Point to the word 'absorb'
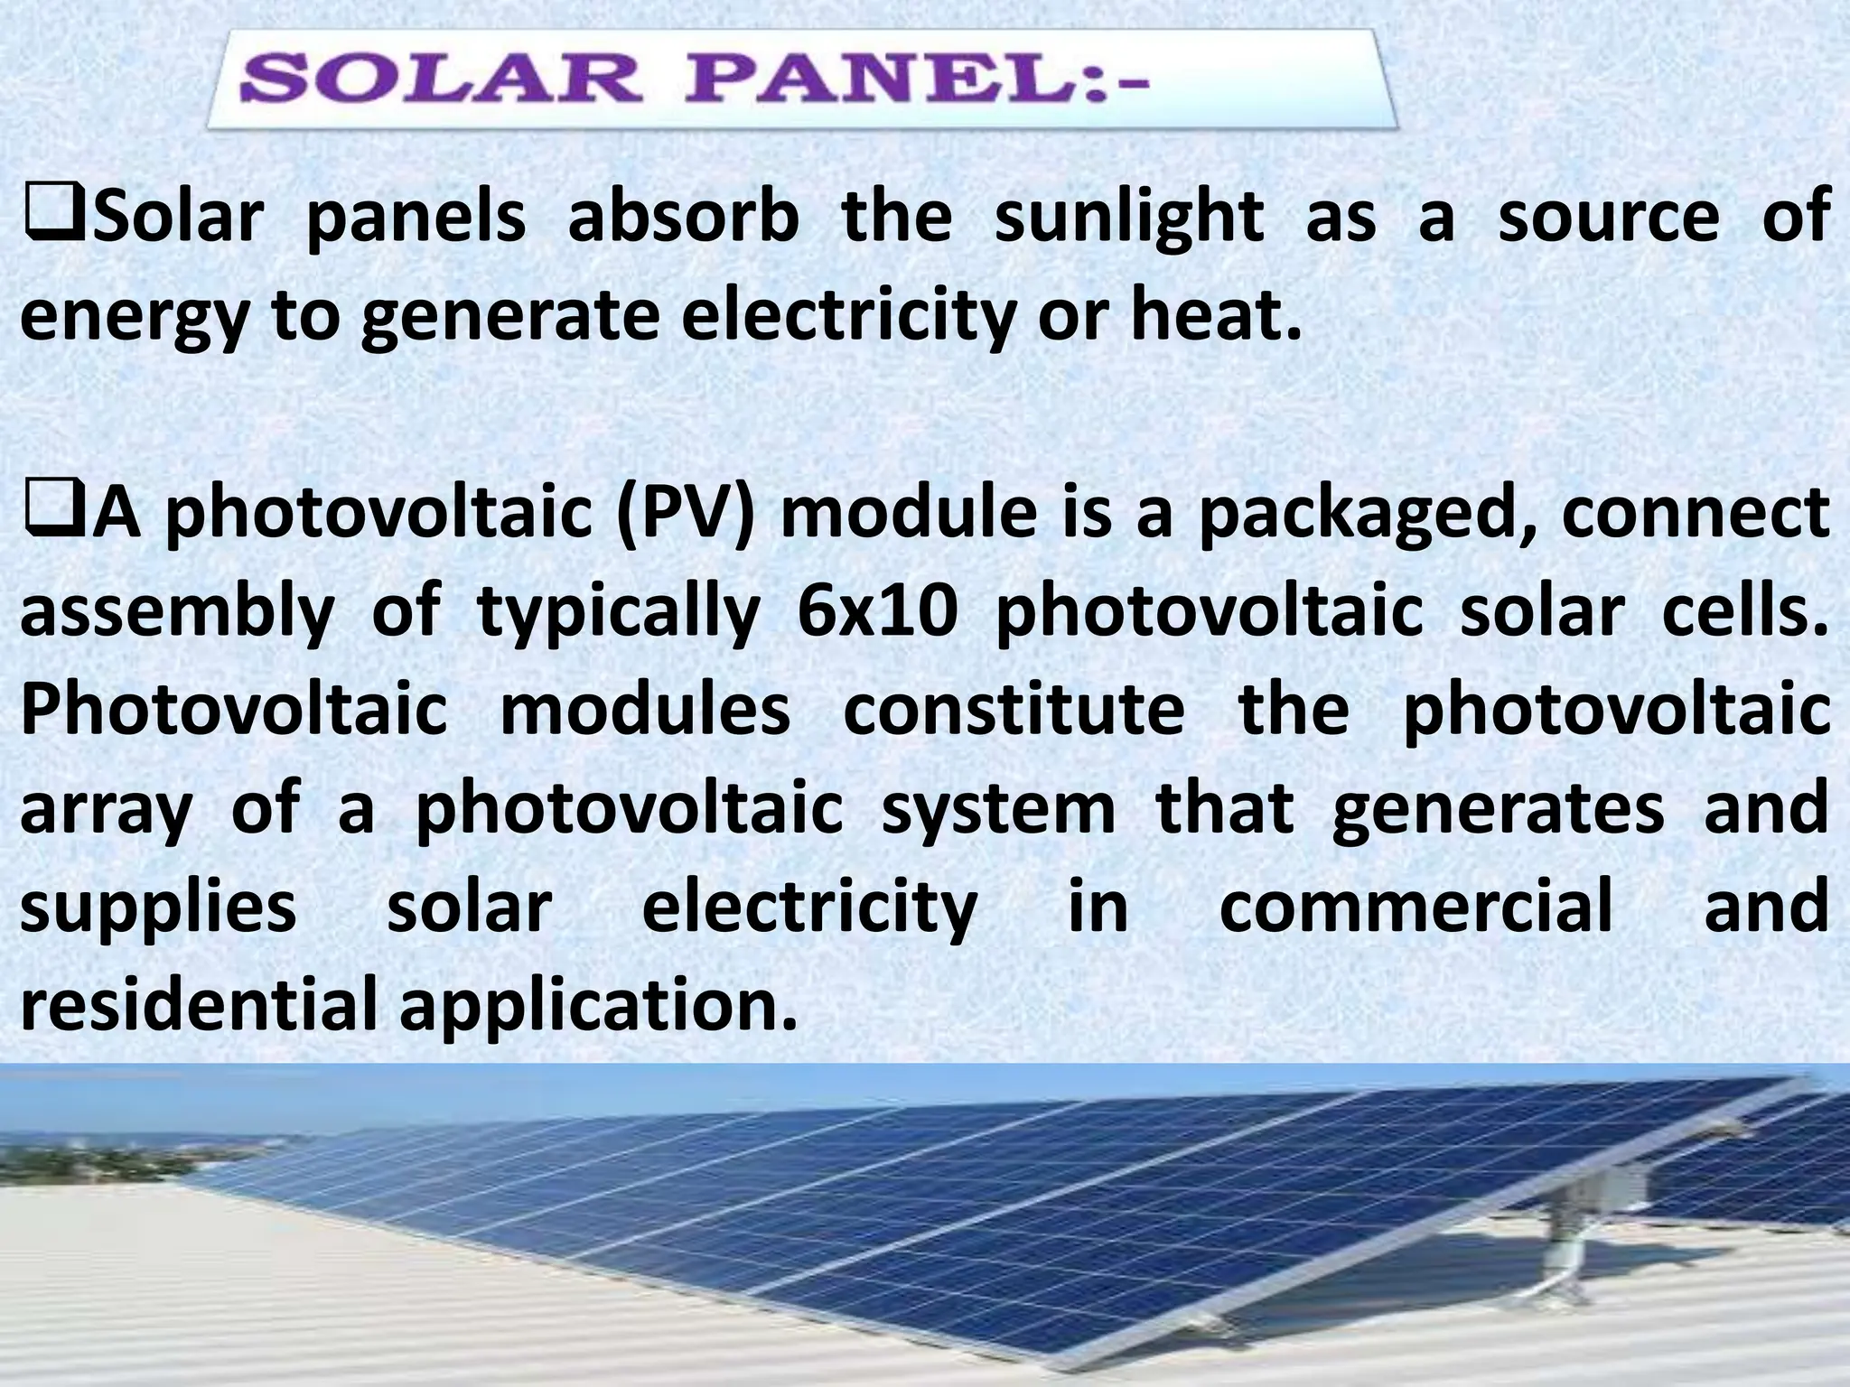pos(683,218)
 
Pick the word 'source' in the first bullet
pos(1609,218)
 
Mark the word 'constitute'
pos(1014,710)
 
